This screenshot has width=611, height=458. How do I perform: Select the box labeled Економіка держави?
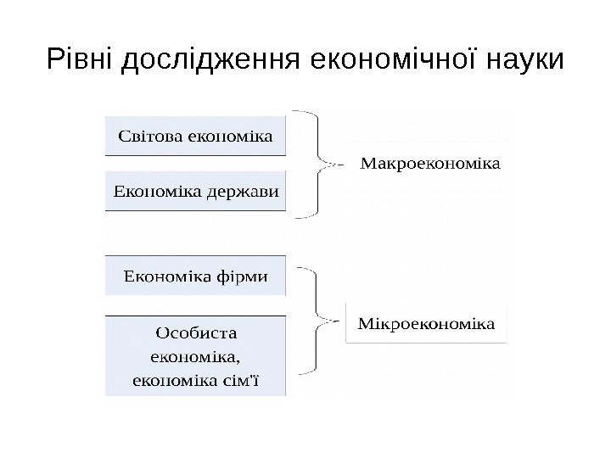click(x=196, y=191)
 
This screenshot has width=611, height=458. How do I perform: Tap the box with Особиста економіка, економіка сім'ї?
click(x=196, y=355)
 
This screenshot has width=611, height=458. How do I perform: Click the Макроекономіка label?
click(x=432, y=162)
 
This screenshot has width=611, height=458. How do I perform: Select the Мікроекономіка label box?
click(x=427, y=324)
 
